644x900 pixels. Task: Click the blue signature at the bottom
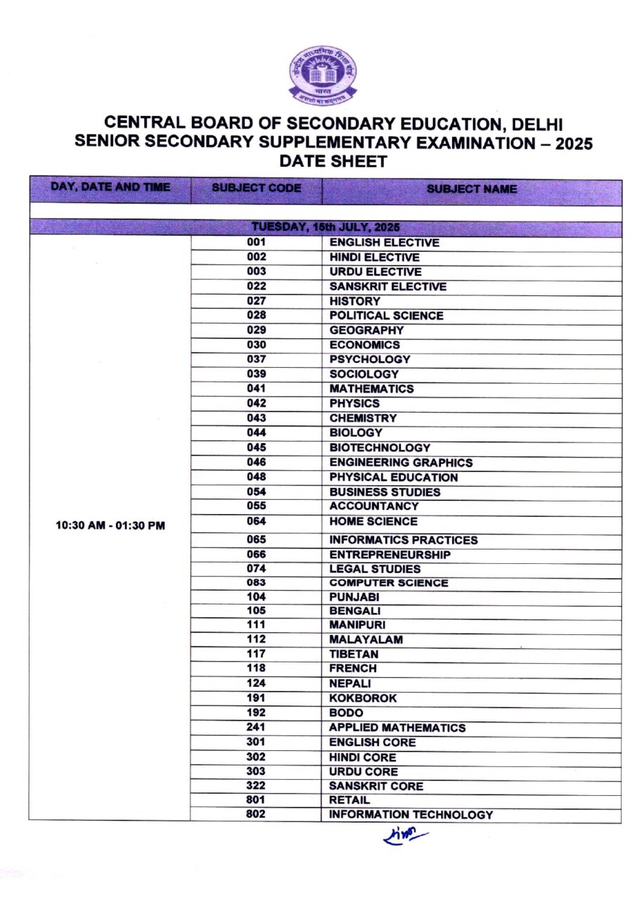(406, 837)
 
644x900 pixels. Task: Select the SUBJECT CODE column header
(256, 188)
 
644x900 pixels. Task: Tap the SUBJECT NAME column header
(471, 189)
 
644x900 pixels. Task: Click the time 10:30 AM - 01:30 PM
(110, 525)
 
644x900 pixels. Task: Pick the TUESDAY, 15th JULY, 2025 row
(326, 228)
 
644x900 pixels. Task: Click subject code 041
(256, 388)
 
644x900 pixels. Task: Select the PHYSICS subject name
(354, 404)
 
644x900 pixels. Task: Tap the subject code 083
(256, 582)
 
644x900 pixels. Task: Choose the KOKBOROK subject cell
(363, 698)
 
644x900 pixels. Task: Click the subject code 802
(256, 814)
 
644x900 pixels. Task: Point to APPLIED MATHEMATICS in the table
(397, 728)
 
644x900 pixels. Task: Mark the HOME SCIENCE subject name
(373, 522)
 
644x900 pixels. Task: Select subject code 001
(256, 243)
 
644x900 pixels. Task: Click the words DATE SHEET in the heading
(333, 162)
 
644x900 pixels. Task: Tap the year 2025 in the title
(572, 144)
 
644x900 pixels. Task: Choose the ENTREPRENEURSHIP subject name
(390, 555)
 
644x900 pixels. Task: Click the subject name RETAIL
(349, 800)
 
